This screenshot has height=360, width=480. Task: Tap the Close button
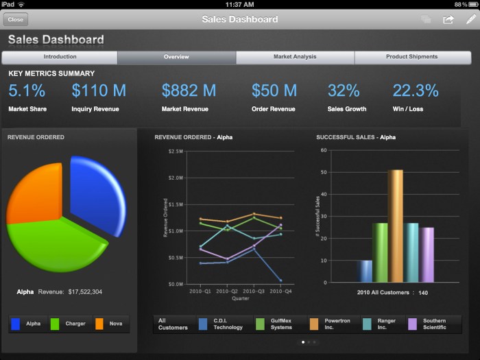coord(15,20)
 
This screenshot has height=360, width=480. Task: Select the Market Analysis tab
coord(295,57)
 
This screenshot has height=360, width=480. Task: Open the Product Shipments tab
coord(411,57)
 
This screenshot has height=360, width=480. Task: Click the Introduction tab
coord(60,57)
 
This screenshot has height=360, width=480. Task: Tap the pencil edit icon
coord(470,19)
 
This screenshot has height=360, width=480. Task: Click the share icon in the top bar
coord(448,20)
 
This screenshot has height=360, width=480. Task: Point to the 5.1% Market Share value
coord(27,91)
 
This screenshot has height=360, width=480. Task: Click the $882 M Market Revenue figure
coord(189,91)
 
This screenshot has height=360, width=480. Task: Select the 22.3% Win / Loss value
coord(416,91)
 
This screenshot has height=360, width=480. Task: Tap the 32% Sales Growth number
coord(344,91)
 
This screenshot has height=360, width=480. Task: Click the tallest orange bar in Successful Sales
coord(395,226)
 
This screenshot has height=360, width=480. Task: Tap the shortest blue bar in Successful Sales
coord(364,272)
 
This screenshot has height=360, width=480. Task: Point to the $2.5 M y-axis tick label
coord(175,151)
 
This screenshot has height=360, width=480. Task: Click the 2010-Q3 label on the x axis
coord(254,291)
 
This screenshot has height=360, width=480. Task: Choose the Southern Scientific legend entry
coord(433,324)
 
